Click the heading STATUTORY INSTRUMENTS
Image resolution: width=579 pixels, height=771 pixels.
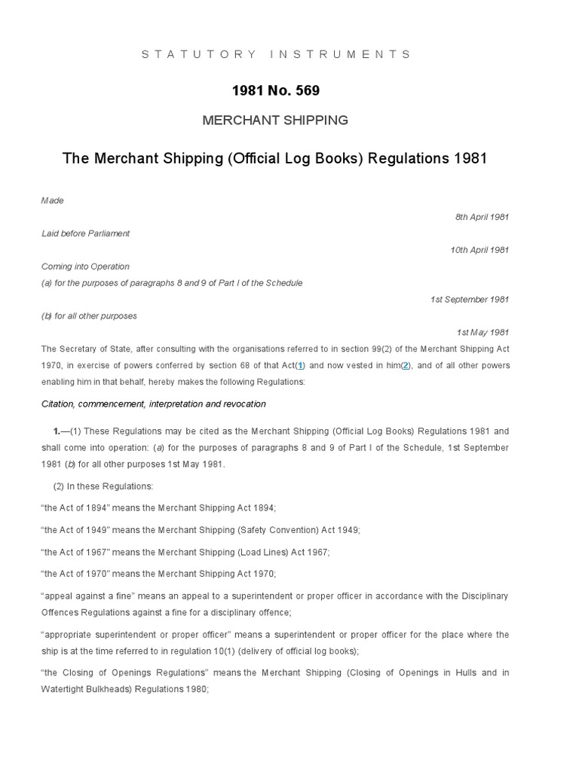[x=276, y=54]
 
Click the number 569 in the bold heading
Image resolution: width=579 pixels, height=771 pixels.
[x=305, y=90]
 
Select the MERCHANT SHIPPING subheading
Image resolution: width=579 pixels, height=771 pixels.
[x=275, y=120]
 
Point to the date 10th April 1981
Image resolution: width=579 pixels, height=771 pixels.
[x=479, y=250]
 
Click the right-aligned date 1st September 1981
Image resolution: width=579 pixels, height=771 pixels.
[x=470, y=300]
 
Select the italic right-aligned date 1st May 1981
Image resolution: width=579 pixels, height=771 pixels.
[x=482, y=333]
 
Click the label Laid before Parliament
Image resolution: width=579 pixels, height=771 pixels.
[x=85, y=233]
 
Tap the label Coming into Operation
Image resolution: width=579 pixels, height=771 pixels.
[x=85, y=267]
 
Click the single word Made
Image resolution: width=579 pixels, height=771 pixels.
[x=52, y=200]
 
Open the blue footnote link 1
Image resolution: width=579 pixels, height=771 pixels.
[x=300, y=365]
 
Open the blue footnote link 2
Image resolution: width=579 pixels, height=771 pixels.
[x=406, y=365]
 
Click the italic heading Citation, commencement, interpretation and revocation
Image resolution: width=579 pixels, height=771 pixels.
[x=153, y=404]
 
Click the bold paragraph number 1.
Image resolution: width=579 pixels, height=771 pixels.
[x=57, y=431]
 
